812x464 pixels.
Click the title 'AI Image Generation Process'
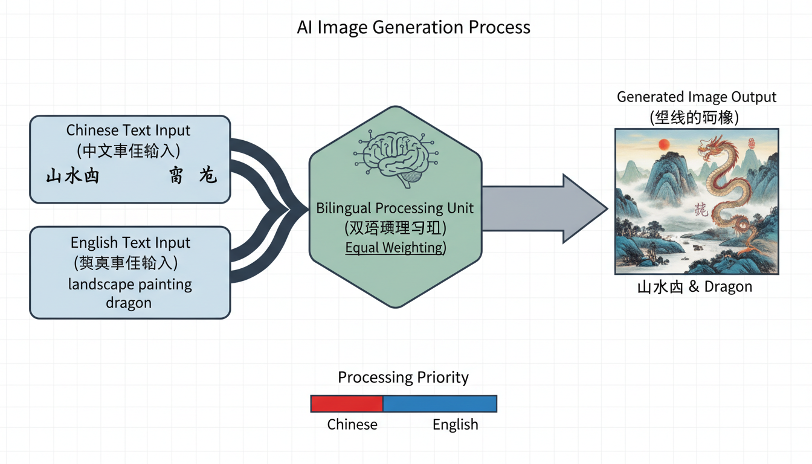(413, 27)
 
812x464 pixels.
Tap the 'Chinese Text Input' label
(128, 130)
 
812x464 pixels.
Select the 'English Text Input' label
(130, 243)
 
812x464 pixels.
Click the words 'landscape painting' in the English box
(130, 284)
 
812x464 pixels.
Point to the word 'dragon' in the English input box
(129, 303)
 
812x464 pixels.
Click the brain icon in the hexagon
(395, 155)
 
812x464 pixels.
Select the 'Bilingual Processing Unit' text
(395, 208)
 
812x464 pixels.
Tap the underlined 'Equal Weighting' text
(394, 248)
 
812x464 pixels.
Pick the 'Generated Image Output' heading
(696, 97)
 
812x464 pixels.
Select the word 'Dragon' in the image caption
(728, 287)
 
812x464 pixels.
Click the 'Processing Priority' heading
(403, 378)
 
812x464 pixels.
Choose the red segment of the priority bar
(347, 404)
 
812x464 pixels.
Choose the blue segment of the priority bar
(440, 404)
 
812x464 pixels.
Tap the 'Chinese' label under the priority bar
(352, 425)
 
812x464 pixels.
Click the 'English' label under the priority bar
(455, 425)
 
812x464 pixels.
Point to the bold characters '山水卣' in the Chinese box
(72, 176)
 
